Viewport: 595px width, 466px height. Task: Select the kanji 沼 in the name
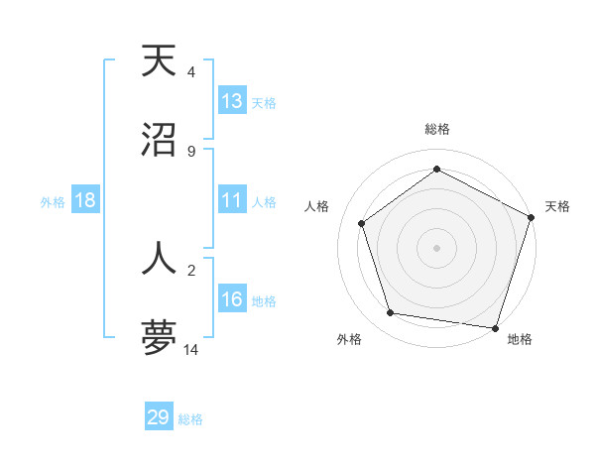[159, 141]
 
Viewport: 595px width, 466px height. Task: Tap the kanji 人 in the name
[159, 258]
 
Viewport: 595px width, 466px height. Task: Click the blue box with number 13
[232, 101]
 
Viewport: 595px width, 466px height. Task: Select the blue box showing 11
[232, 201]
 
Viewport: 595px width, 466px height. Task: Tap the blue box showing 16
[232, 300]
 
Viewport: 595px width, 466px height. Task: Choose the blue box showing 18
[85, 201]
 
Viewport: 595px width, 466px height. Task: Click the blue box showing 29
[159, 417]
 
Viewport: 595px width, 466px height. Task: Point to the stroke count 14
[191, 350]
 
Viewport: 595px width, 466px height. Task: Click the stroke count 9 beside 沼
[190, 152]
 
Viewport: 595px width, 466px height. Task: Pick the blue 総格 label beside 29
[190, 419]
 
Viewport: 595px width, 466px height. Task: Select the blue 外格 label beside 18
[53, 202]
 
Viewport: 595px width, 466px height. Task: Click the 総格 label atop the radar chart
[437, 129]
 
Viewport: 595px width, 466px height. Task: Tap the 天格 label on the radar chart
[557, 206]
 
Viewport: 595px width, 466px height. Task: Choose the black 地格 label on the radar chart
[520, 339]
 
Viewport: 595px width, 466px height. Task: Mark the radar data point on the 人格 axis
[362, 223]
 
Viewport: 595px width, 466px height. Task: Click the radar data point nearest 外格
[391, 313]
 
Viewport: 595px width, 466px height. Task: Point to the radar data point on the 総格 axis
[437, 170]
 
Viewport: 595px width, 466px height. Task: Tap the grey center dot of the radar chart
[437, 247]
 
